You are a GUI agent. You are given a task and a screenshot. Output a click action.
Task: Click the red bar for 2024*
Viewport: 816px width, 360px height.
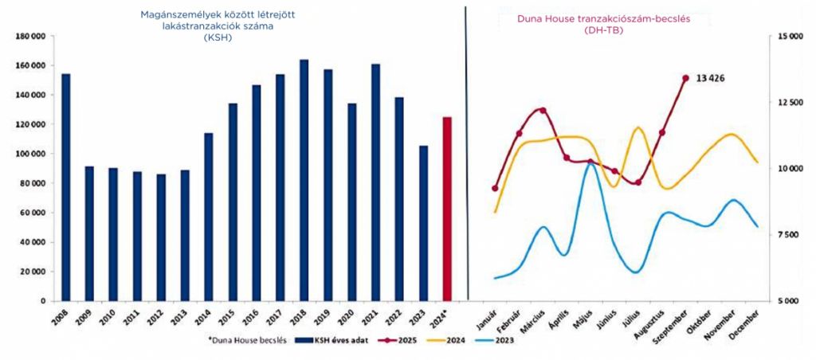coord(447,209)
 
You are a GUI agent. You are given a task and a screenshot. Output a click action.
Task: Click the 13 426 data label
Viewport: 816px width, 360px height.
coord(711,78)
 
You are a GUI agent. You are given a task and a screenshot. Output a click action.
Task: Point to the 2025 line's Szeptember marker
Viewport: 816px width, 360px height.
coord(685,78)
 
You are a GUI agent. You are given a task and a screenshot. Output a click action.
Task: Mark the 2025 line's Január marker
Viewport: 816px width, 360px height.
coord(495,188)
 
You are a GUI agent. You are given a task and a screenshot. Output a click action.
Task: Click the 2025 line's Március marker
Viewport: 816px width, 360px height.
coord(543,110)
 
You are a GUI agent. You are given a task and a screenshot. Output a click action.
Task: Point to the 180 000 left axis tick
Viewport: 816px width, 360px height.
coord(33,36)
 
